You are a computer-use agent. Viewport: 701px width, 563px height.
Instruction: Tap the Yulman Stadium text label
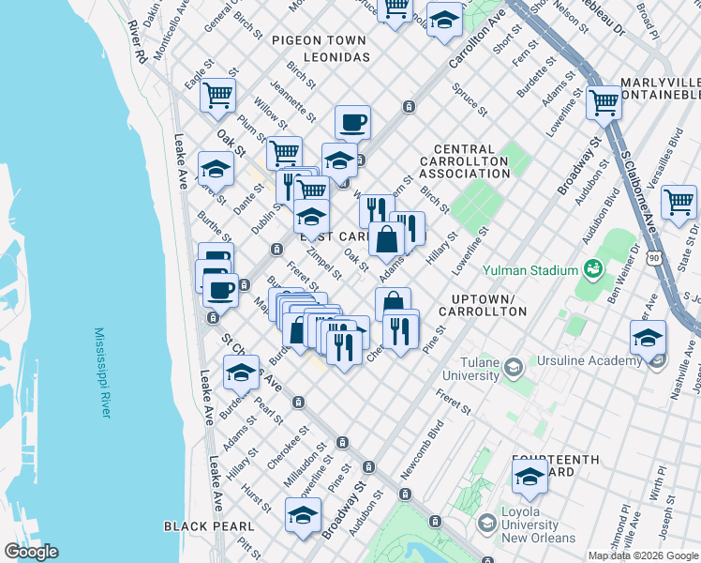[x=529, y=270]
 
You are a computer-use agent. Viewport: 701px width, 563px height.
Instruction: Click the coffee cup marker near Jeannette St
[x=352, y=122]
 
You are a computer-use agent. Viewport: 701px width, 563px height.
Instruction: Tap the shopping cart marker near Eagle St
[x=217, y=95]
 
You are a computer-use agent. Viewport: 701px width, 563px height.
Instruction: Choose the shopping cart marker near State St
[x=679, y=201]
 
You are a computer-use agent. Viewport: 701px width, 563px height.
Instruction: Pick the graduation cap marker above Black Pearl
[x=302, y=516]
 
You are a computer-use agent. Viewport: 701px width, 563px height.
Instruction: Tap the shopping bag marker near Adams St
[x=386, y=239]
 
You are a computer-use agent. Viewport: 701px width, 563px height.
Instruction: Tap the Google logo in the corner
[x=31, y=551]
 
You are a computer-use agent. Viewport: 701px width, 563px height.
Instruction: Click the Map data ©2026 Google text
[x=644, y=555]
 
